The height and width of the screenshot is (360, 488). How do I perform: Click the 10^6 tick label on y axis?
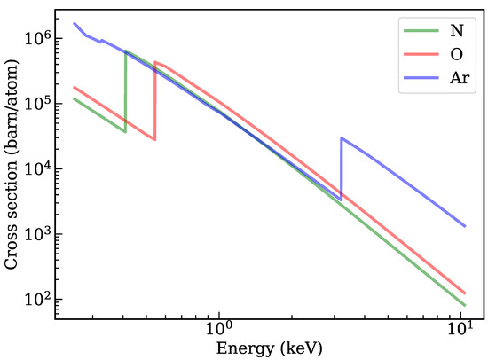click(x=43, y=38)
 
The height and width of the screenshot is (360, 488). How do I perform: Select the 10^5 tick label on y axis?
click(x=43, y=104)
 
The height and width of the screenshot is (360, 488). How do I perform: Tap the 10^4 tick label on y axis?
click(x=43, y=169)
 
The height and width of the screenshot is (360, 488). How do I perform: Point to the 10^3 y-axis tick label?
click(x=43, y=235)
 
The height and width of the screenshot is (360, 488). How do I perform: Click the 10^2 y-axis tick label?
click(x=43, y=301)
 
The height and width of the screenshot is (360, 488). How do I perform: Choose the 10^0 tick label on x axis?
click(x=218, y=326)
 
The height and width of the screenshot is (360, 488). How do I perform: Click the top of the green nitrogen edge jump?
click(x=126, y=51)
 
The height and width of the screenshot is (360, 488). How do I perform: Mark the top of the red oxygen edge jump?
click(x=155, y=62)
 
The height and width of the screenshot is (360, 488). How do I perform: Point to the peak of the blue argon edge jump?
click(x=342, y=138)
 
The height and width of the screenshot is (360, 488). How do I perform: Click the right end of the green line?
click(x=465, y=305)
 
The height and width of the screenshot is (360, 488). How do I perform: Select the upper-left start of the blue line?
click(x=74, y=23)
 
